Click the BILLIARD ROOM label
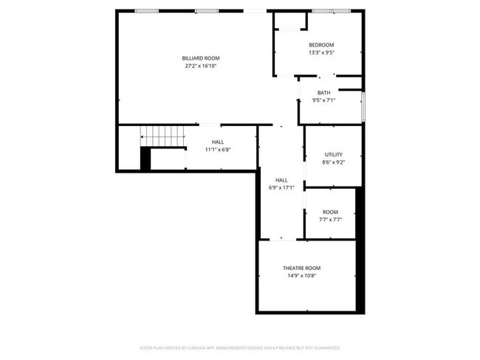201,58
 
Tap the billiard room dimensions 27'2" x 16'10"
201,66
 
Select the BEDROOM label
321,45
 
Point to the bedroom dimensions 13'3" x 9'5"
321,52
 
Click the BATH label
324,93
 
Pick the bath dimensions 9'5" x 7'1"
324,100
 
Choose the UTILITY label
334,154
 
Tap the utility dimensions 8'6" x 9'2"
334,162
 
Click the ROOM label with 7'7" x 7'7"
330,212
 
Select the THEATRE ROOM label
301,268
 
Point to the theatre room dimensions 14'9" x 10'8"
301,276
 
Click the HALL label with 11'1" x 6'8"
218,142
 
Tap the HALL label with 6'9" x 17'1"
281,180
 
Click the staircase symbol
162,136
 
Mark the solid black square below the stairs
145,159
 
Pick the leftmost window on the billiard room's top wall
146,11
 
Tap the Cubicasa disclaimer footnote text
240,347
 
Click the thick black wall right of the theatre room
360,251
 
